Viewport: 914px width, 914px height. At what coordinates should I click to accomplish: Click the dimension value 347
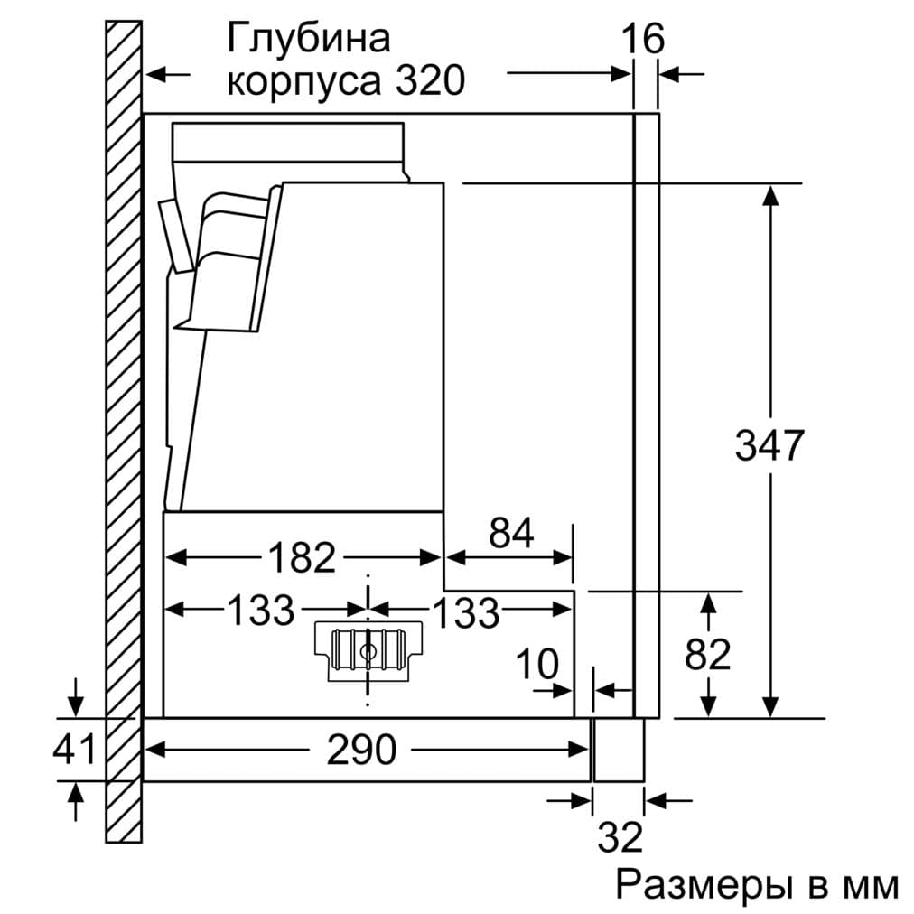(x=769, y=446)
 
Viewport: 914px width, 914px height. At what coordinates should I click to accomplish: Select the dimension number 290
(x=361, y=750)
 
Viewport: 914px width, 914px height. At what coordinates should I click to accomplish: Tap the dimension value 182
(x=302, y=558)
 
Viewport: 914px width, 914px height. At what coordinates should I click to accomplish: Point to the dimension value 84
(x=511, y=534)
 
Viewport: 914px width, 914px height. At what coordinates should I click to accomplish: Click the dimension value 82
(x=707, y=654)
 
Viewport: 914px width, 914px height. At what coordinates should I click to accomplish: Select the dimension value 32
(x=620, y=837)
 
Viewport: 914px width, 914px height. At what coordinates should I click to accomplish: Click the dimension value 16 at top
(x=642, y=40)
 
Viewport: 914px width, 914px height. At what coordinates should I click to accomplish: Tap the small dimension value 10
(x=537, y=666)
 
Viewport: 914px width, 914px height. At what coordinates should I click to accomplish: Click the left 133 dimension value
(x=260, y=611)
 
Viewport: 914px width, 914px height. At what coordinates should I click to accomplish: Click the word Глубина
(x=309, y=39)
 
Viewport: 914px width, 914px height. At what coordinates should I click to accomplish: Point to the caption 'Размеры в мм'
(x=757, y=885)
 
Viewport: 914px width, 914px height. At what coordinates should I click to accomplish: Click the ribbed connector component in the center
(x=368, y=649)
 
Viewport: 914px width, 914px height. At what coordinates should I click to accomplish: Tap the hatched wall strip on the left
(x=124, y=434)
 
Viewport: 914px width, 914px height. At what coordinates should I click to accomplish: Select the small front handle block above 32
(x=618, y=750)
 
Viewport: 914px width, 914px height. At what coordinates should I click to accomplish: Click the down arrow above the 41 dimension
(x=77, y=700)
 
